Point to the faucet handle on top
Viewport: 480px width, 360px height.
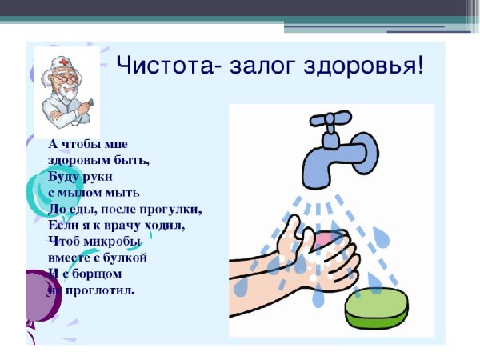(330, 122)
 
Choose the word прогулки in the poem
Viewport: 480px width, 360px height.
(170, 209)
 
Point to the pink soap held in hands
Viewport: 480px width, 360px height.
(329, 238)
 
